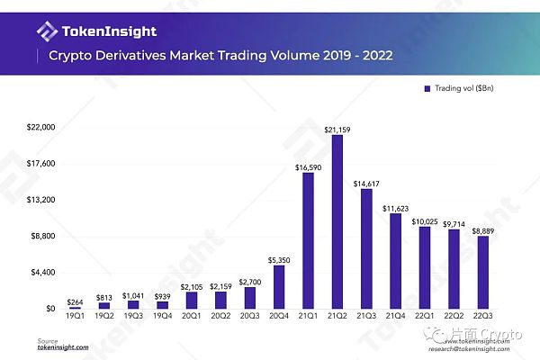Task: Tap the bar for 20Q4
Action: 279,287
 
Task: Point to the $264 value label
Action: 76,301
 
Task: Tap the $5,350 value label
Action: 279,260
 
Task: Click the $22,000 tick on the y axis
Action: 42,128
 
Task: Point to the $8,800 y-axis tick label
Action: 44,236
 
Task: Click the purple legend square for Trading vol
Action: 426,89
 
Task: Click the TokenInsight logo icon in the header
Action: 47,31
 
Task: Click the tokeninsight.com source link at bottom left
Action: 63,346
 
